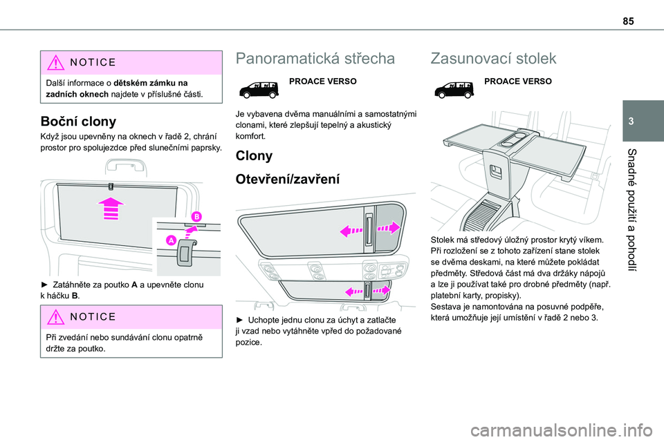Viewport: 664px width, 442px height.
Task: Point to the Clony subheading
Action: pyautogui.click(x=254, y=155)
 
